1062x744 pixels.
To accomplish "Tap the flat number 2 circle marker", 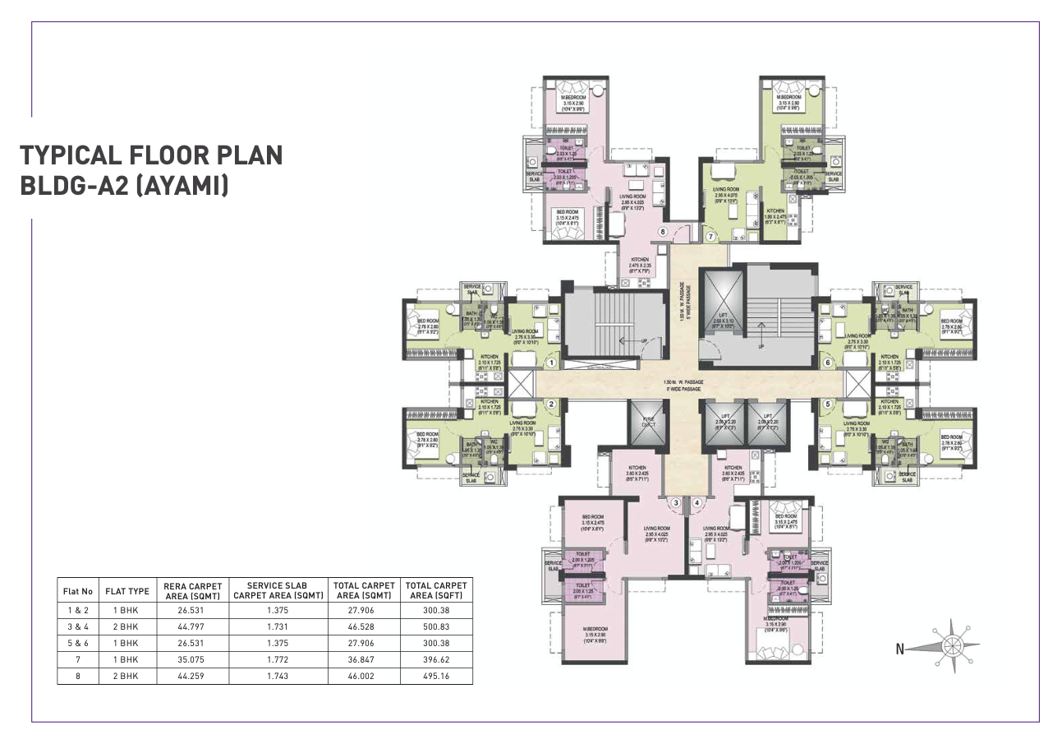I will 552,404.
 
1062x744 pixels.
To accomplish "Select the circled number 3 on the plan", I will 675,502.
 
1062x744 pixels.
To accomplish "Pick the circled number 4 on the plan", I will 697,502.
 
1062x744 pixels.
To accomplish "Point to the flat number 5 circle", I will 829,404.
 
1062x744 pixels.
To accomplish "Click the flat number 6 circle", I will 829,362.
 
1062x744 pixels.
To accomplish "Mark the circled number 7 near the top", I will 710,236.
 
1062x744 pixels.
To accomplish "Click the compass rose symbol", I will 952,647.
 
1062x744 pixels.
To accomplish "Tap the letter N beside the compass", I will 900,649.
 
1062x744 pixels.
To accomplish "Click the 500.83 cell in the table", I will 436,626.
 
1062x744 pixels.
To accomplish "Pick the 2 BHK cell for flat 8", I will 127,676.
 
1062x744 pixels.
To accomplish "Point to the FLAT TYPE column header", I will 127,590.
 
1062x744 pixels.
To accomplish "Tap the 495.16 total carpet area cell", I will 436,676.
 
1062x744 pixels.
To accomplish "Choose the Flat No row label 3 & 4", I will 77,626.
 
